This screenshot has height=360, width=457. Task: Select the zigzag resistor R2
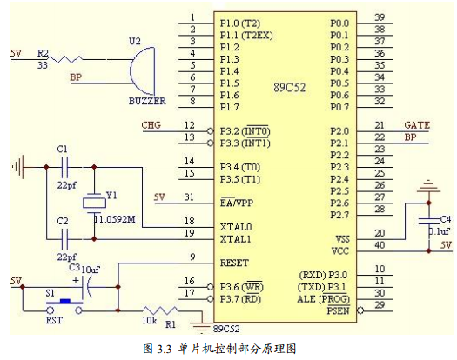(x=64, y=59)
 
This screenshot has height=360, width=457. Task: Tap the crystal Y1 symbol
(x=94, y=203)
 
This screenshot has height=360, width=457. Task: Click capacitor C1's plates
(x=64, y=167)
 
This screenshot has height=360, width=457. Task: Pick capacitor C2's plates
(x=64, y=239)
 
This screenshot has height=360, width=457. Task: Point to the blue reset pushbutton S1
(x=64, y=301)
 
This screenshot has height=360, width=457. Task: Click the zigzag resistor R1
(x=159, y=310)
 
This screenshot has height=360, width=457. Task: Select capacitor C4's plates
(x=429, y=221)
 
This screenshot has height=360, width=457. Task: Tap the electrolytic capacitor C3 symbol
(x=86, y=287)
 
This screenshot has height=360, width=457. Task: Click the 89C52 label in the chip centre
(x=289, y=88)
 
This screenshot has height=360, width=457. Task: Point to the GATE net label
(x=417, y=125)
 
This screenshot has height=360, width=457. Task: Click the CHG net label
(x=151, y=125)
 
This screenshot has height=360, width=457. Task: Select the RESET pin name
(x=234, y=263)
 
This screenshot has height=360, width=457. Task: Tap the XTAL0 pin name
(x=236, y=227)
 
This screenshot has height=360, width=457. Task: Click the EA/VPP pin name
(x=237, y=203)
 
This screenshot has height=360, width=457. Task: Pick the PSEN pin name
(x=338, y=310)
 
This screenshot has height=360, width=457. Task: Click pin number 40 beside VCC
(x=380, y=245)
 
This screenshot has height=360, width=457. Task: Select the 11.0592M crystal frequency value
(x=115, y=219)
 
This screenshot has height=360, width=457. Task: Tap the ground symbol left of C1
(x=18, y=167)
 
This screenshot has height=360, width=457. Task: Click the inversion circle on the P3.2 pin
(x=210, y=131)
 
